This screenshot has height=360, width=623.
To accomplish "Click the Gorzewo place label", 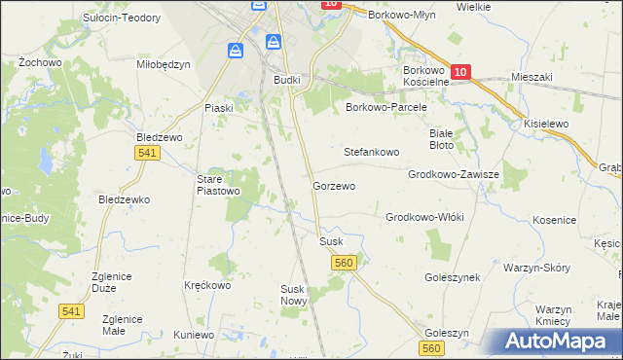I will point(333,185).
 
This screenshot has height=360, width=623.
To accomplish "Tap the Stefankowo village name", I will point(372,153).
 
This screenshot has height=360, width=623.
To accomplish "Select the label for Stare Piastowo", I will point(218,185).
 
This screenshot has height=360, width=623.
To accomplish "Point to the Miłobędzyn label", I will point(164,64).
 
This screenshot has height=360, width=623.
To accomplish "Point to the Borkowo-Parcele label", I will point(386,107).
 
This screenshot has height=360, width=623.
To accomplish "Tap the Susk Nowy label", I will point(294,295).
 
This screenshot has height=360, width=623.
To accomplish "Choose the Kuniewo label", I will point(194,335).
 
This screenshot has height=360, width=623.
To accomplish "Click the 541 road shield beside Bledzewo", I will point(148,154).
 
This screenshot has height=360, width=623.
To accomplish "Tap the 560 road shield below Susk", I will point(343,263).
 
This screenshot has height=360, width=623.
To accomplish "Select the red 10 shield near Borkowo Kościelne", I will point(460,72).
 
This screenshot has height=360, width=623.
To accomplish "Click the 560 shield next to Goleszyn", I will point(432,348).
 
